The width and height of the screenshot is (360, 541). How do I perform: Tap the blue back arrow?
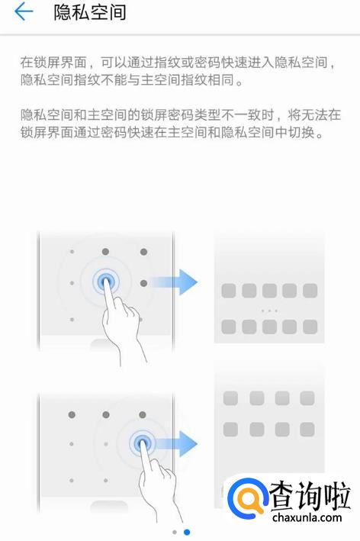24,11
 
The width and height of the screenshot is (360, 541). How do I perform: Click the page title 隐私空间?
90,12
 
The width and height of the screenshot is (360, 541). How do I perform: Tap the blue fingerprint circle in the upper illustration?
106,282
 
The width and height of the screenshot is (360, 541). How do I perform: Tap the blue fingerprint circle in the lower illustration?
142,443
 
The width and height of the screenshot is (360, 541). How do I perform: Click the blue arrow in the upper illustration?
174,282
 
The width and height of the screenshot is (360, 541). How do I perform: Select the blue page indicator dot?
187,532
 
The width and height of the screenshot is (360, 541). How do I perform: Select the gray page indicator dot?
175,532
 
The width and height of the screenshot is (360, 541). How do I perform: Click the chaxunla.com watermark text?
307,517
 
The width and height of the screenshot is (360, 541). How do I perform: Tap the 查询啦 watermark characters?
310,495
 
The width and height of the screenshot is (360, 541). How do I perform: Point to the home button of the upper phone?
104,343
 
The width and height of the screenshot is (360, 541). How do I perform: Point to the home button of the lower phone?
109,506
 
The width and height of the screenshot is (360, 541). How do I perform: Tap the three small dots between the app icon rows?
269,311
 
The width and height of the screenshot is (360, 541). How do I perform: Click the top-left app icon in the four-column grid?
230,398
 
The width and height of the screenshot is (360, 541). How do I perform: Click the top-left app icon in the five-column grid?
229,291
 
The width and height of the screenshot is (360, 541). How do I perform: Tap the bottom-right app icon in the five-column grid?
310,327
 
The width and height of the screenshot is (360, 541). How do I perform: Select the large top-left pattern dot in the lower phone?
72,414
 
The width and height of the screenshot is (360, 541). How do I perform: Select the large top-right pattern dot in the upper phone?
144,252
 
